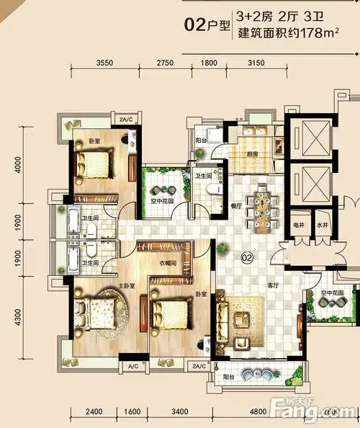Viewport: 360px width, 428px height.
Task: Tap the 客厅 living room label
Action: pos(273,285)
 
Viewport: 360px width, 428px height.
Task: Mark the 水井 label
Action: pos(322,225)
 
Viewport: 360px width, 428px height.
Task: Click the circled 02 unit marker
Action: pos(246,256)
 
